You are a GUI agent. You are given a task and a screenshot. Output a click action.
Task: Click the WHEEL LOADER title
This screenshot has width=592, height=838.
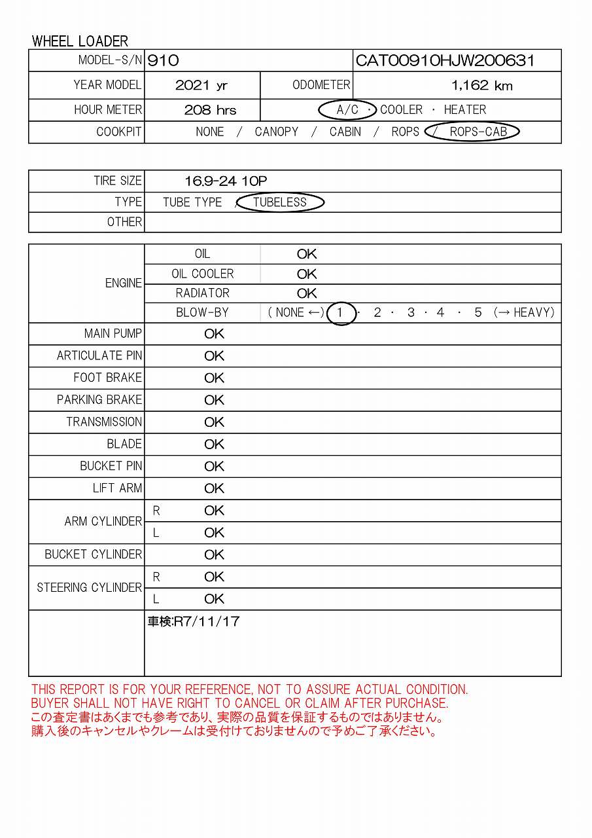click(80, 41)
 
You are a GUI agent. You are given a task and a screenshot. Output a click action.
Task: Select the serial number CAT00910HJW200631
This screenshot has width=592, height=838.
click(445, 61)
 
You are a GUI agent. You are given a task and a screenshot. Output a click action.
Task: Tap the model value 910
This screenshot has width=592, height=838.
click(163, 61)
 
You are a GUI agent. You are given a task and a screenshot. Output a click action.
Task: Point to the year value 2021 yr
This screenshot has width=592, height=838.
click(201, 85)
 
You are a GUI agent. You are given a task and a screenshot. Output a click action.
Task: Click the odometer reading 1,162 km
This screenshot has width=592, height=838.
click(481, 85)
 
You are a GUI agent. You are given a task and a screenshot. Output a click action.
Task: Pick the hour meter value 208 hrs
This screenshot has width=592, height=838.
click(210, 110)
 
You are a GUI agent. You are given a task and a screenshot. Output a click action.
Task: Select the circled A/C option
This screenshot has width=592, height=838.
click(347, 110)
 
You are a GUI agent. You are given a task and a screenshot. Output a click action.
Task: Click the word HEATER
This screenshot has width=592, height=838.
click(464, 110)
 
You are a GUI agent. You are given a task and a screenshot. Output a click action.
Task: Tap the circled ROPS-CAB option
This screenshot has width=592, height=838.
click(478, 132)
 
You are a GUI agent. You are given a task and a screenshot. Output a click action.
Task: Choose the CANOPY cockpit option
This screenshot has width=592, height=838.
click(276, 132)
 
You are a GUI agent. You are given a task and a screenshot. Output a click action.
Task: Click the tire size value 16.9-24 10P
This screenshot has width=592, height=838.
click(226, 181)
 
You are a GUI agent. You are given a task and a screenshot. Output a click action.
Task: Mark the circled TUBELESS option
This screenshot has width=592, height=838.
click(280, 202)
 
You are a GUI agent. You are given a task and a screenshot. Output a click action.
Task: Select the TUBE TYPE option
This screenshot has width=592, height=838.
click(192, 202)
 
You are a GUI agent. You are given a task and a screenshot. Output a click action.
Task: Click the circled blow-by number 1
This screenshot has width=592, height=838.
click(340, 313)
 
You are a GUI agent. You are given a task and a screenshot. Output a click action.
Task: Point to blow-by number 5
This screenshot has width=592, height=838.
click(478, 313)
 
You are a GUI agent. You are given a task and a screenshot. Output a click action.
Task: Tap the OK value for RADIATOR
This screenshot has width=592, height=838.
click(307, 293)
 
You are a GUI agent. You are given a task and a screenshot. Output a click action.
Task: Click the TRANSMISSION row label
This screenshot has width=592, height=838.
click(103, 422)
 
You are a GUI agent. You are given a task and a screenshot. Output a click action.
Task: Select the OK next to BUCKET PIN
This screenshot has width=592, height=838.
click(214, 466)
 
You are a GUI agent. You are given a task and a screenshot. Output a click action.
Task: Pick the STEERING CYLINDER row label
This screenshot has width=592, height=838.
click(89, 588)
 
